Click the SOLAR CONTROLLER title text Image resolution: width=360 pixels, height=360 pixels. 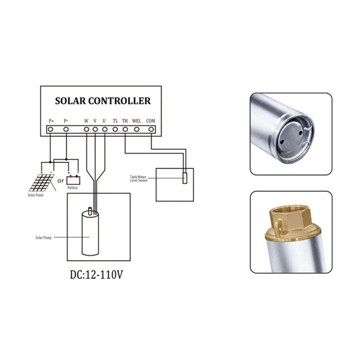click(102, 101)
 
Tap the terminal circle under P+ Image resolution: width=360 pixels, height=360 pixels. click(50, 129)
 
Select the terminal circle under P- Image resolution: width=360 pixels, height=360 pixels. click(66, 129)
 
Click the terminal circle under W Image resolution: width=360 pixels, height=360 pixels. click(86, 129)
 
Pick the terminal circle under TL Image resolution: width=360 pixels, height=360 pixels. click(115, 129)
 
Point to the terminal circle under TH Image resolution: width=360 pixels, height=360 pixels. click(125, 129)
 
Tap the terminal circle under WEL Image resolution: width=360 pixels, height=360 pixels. click(137, 129)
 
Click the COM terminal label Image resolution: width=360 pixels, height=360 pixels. click(151, 121)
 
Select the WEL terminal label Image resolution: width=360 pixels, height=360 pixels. click(137, 121)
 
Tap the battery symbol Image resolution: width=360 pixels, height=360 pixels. click(73, 180)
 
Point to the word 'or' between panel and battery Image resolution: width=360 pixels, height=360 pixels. click(60, 181)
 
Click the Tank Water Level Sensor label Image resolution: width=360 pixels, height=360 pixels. click(140, 179)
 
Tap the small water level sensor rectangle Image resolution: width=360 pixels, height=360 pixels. click(184, 178)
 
